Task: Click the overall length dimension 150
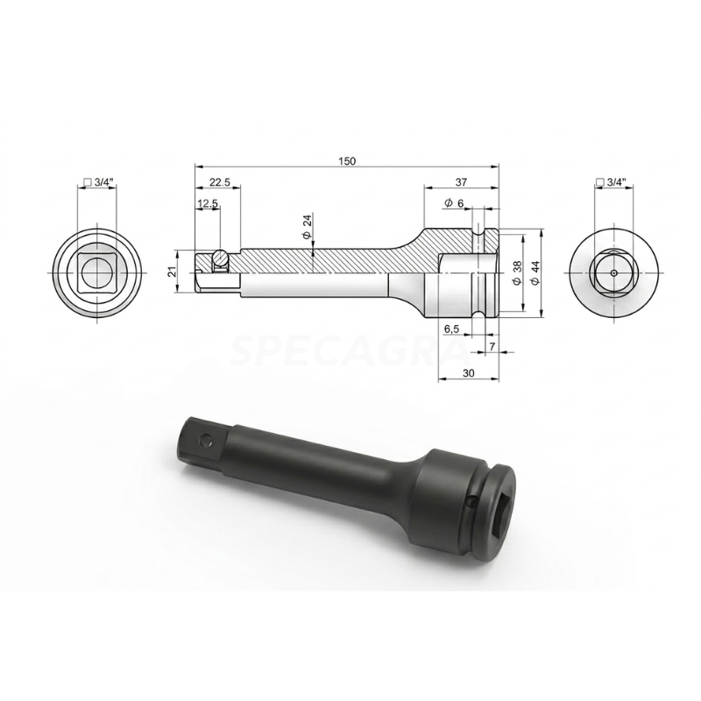click(x=348, y=160)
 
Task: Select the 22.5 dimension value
click(x=218, y=182)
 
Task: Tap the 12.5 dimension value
click(x=208, y=203)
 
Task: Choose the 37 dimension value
click(x=461, y=182)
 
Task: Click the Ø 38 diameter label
click(x=516, y=273)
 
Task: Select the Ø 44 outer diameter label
click(x=535, y=273)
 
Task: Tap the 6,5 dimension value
click(x=452, y=328)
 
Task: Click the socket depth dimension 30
click(x=468, y=373)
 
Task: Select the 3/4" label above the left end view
click(x=98, y=182)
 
